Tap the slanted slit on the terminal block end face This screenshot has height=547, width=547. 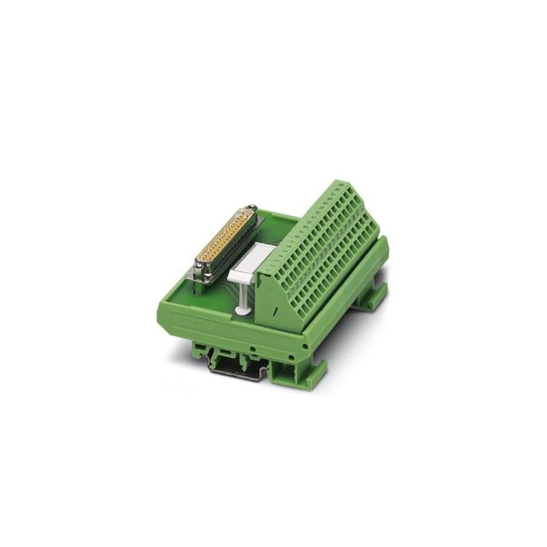(x=275, y=310)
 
